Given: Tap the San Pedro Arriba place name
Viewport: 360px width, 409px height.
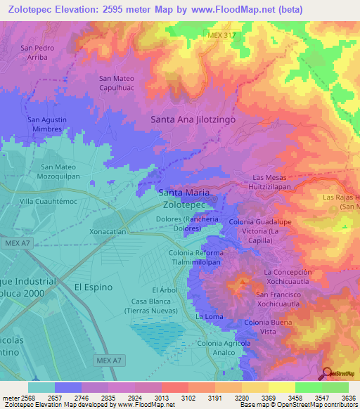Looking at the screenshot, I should pos(37,53).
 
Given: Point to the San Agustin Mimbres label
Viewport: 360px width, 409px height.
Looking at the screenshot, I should pos(47,124).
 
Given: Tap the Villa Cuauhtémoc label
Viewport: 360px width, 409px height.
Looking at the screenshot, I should pos(48,201).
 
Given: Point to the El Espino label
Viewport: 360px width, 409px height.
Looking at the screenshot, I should pos(93,287).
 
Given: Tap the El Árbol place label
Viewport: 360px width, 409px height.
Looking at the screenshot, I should pos(163,290).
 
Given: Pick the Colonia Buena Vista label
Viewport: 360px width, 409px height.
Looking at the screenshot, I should pos(267,326).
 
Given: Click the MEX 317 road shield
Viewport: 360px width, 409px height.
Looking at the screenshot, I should pos(220,34).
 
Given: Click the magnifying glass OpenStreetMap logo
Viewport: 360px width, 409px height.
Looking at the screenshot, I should pos(327,373).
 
